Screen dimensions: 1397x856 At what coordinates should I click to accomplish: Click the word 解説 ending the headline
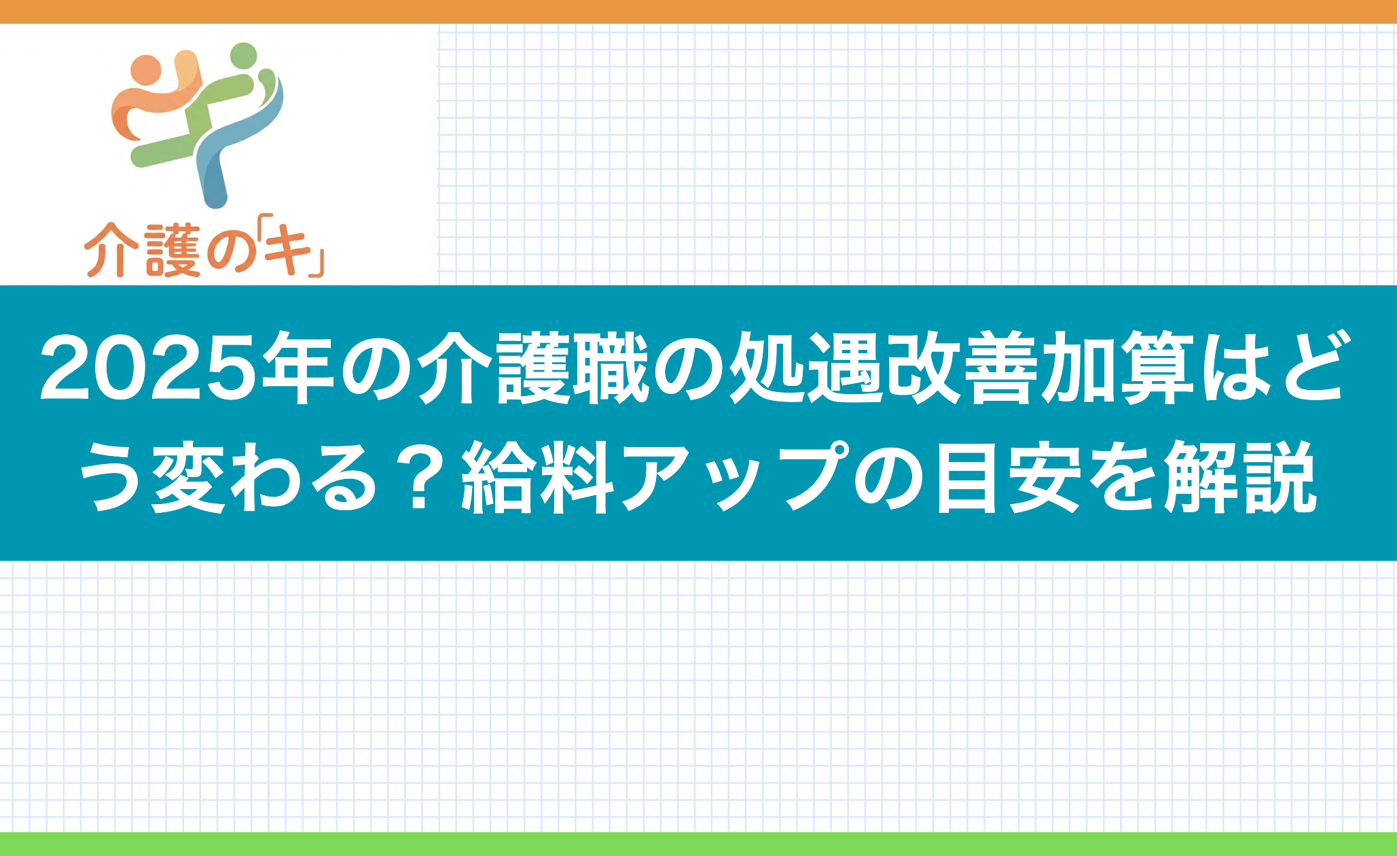[1240, 477]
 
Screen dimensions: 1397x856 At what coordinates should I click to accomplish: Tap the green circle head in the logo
[243, 56]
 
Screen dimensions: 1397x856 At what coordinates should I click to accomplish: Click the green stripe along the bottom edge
[698, 844]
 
